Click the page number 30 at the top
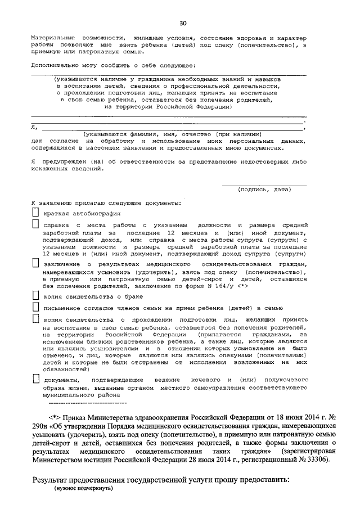(182, 23)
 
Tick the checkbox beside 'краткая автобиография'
(35, 213)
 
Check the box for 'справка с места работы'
(35, 224)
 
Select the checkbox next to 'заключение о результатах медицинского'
(35, 263)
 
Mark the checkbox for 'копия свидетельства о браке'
(35, 296)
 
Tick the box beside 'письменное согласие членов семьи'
(35, 307)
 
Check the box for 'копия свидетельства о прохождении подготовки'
(35, 319)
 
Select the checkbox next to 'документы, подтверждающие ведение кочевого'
(35, 380)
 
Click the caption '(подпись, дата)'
(264, 190)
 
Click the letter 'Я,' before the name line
(34, 128)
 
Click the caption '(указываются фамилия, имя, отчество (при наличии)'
(172, 135)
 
